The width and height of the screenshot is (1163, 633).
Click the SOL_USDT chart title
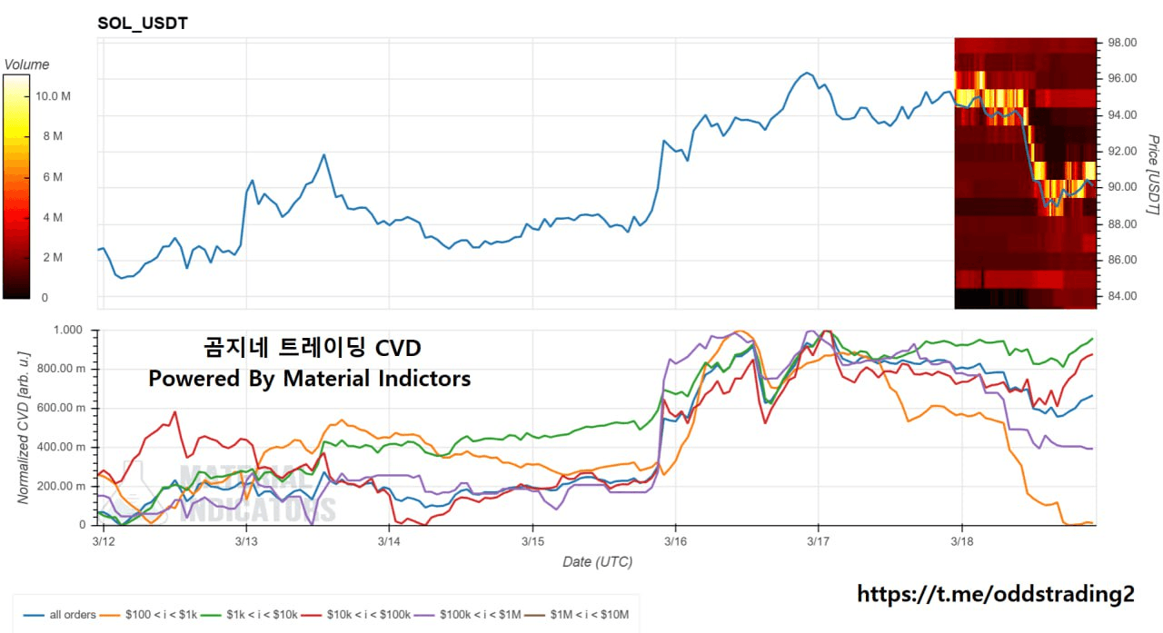143,24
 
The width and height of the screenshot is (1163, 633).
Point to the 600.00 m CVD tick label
65,409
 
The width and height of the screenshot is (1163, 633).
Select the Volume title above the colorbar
26,64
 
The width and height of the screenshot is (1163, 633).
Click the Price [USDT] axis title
1152,175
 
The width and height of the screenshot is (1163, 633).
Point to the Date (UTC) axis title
597,561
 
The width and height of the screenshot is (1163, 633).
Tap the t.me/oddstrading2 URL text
996,594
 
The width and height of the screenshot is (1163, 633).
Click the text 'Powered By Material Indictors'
310,378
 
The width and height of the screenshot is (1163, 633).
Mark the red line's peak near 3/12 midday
174,412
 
